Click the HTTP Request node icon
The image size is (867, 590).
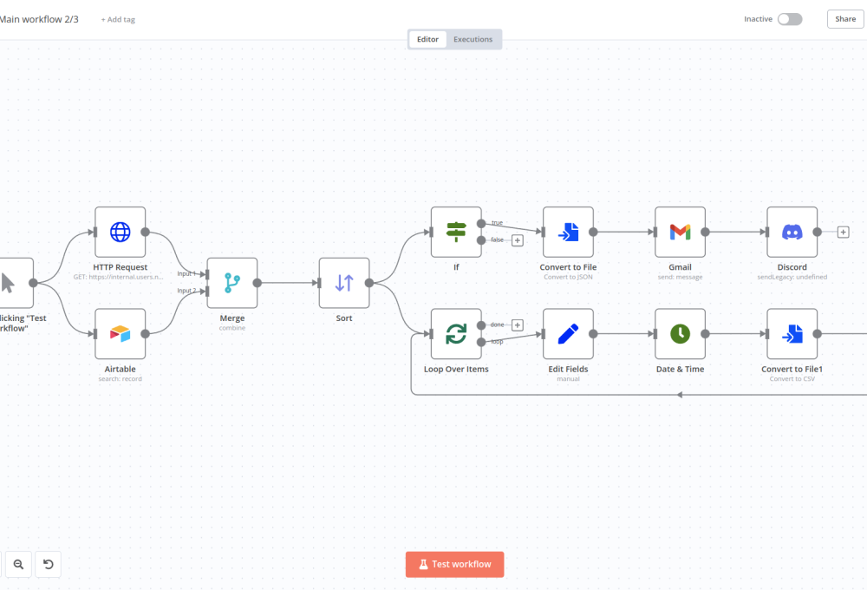point(120,232)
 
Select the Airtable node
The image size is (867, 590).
point(120,334)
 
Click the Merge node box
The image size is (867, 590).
point(232,283)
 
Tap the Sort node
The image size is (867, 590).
point(344,283)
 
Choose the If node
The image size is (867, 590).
point(456,232)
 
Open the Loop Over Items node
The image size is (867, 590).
point(456,334)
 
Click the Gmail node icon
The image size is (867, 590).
point(680,232)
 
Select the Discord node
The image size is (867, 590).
point(792,232)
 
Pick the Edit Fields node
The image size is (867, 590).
point(568,334)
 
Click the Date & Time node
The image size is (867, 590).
point(680,334)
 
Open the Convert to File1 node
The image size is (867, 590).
point(792,334)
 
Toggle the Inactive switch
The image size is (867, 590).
point(789,19)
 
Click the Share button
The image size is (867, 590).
point(845,19)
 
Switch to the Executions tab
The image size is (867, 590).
point(473,39)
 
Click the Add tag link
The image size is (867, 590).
point(118,19)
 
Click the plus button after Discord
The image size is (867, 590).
point(843,232)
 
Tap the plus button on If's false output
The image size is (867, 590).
point(518,240)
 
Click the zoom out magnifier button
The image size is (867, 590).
point(18,565)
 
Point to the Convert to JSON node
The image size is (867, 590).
point(568,232)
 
